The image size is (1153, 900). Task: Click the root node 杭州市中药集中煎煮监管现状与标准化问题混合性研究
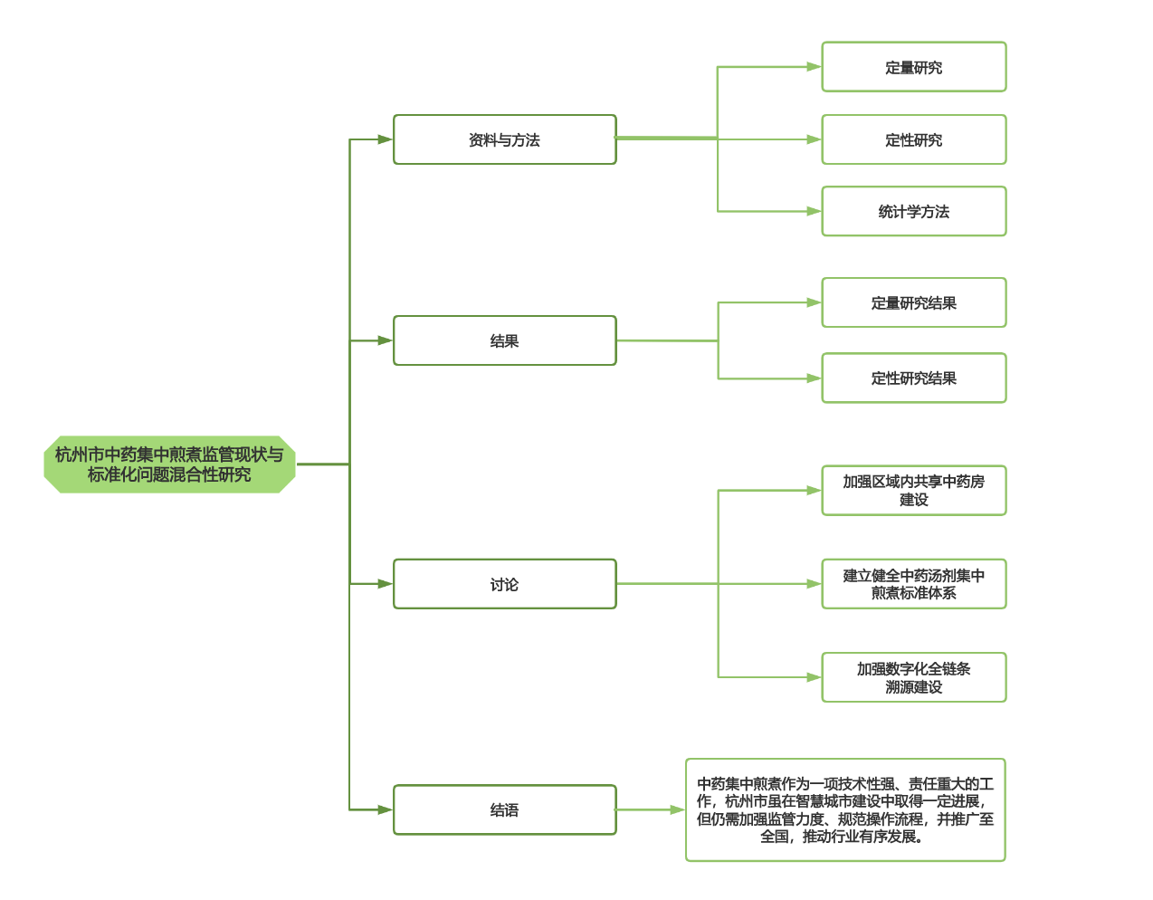(x=169, y=464)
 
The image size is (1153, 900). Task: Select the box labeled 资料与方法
(x=504, y=139)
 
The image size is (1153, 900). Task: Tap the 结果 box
(x=504, y=340)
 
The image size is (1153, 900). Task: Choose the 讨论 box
(x=504, y=584)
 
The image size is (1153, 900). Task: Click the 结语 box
(x=504, y=809)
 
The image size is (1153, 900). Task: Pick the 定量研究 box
(x=913, y=67)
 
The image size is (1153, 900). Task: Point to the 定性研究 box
(x=913, y=139)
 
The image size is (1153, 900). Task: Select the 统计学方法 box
(x=913, y=211)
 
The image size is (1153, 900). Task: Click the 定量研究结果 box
(x=913, y=302)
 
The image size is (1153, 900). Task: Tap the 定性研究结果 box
(x=913, y=378)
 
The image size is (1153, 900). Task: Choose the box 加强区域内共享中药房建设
(x=913, y=490)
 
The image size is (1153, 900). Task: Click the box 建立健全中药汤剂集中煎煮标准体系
(x=913, y=584)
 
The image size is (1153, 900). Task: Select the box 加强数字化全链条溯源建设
(x=913, y=677)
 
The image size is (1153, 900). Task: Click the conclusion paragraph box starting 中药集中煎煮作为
(x=845, y=809)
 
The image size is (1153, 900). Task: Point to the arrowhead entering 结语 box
(x=386, y=809)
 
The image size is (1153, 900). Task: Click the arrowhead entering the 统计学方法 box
(x=814, y=211)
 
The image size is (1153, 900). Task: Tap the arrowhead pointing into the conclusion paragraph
(x=677, y=809)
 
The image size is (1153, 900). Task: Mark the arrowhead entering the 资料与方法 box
(x=386, y=139)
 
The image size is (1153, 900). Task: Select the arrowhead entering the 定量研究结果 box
(x=814, y=302)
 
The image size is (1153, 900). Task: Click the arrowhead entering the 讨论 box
(x=386, y=584)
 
